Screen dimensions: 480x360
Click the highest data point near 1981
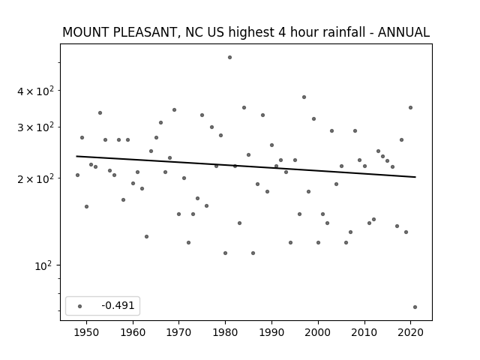[x=230, y=58]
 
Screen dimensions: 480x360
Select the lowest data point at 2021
[x=415, y=307]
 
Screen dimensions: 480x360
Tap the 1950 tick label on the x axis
[x=87, y=332]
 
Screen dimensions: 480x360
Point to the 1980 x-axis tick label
[x=225, y=332]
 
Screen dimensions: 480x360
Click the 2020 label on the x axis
[x=410, y=332]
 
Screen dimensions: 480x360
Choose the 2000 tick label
[x=318, y=332]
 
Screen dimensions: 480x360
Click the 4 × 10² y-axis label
[x=35, y=91]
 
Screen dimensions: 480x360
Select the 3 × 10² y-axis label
[x=35, y=127]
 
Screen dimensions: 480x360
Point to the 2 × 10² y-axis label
[x=35, y=178]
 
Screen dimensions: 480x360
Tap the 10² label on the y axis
[x=43, y=265]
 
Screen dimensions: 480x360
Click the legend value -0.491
[x=118, y=305]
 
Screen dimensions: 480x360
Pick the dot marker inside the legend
[x=80, y=306]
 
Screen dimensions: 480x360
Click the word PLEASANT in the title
[x=145, y=32]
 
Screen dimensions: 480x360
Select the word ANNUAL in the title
[x=403, y=32]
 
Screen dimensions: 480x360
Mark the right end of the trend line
[x=415, y=177]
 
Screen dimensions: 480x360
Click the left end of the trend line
[x=76, y=157]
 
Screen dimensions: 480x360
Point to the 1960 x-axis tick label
[x=133, y=332]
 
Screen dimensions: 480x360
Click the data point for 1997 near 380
[x=304, y=97]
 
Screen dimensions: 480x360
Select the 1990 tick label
[x=271, y=332]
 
